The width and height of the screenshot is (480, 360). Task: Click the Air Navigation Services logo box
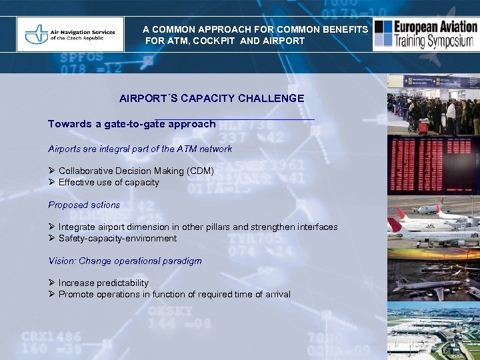70,34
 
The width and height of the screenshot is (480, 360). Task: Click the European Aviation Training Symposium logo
425,34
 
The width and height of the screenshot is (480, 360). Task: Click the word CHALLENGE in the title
272,98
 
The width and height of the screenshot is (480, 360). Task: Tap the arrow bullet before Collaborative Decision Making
51,171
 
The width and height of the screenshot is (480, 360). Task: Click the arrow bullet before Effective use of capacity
51,182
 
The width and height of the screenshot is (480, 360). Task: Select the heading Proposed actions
84,205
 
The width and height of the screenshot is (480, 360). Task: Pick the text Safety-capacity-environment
117,238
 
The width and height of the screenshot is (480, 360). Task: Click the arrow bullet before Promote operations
51,294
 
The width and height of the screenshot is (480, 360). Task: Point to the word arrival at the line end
277,294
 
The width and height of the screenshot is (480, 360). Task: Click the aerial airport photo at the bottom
433,330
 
